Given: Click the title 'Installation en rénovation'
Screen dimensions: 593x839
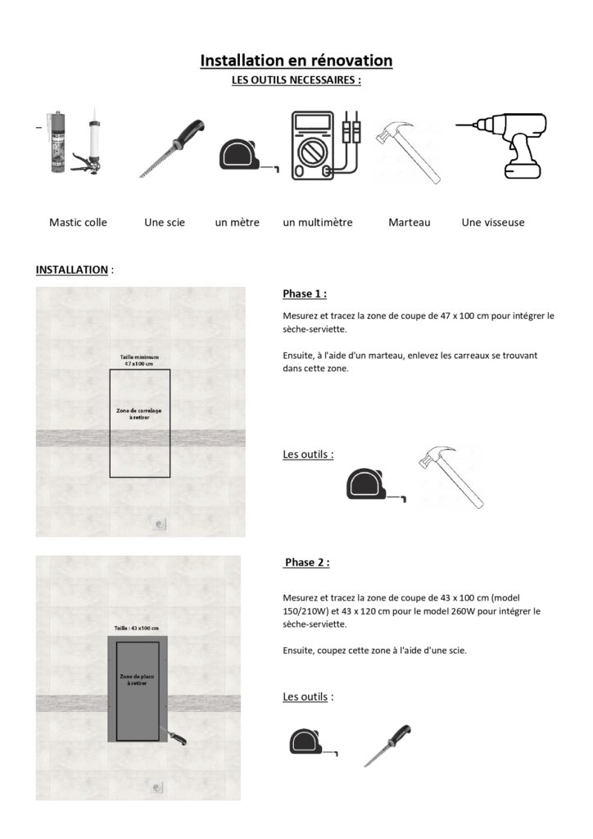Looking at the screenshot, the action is click(296, 61).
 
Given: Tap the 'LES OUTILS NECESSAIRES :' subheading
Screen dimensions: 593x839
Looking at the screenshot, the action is click(296, 80).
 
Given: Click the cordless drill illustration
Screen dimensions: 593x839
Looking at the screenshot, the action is click(501, 145).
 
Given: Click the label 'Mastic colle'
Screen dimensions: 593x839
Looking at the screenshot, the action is click(78, 223).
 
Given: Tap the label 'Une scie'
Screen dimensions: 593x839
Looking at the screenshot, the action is click(165, 223).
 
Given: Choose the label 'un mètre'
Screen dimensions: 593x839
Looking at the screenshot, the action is click(238, 223).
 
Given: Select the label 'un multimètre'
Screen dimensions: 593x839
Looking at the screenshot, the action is click(318, 223).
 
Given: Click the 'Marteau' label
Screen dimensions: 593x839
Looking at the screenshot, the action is click(410, 223).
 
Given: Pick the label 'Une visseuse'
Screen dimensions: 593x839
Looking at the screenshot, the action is click(493, 223).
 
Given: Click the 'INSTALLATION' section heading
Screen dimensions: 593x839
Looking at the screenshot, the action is click(71, 270).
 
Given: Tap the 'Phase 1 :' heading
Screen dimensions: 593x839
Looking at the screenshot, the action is click(305, 294).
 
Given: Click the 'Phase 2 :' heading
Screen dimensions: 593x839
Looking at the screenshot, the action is click(307, 562).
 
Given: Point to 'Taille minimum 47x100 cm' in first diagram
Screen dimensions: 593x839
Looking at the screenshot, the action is click(139, 361).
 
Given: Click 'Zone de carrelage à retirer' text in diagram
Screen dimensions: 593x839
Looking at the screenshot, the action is click(139, 414).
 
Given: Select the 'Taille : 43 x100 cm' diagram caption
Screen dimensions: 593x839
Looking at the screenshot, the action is click(136, 628).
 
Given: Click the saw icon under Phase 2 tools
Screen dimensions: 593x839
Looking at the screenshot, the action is click(387, 746).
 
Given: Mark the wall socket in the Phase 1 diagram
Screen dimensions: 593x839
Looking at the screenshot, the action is click(160, 524).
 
